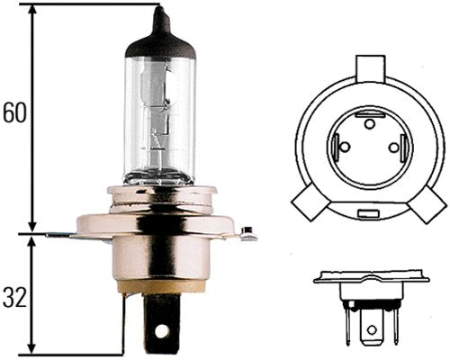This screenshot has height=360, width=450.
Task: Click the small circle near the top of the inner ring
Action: (x=369, y=121)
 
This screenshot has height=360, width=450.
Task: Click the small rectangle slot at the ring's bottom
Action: (x=368, y=214)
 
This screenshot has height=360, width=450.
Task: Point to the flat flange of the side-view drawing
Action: (x=368, y=279)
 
